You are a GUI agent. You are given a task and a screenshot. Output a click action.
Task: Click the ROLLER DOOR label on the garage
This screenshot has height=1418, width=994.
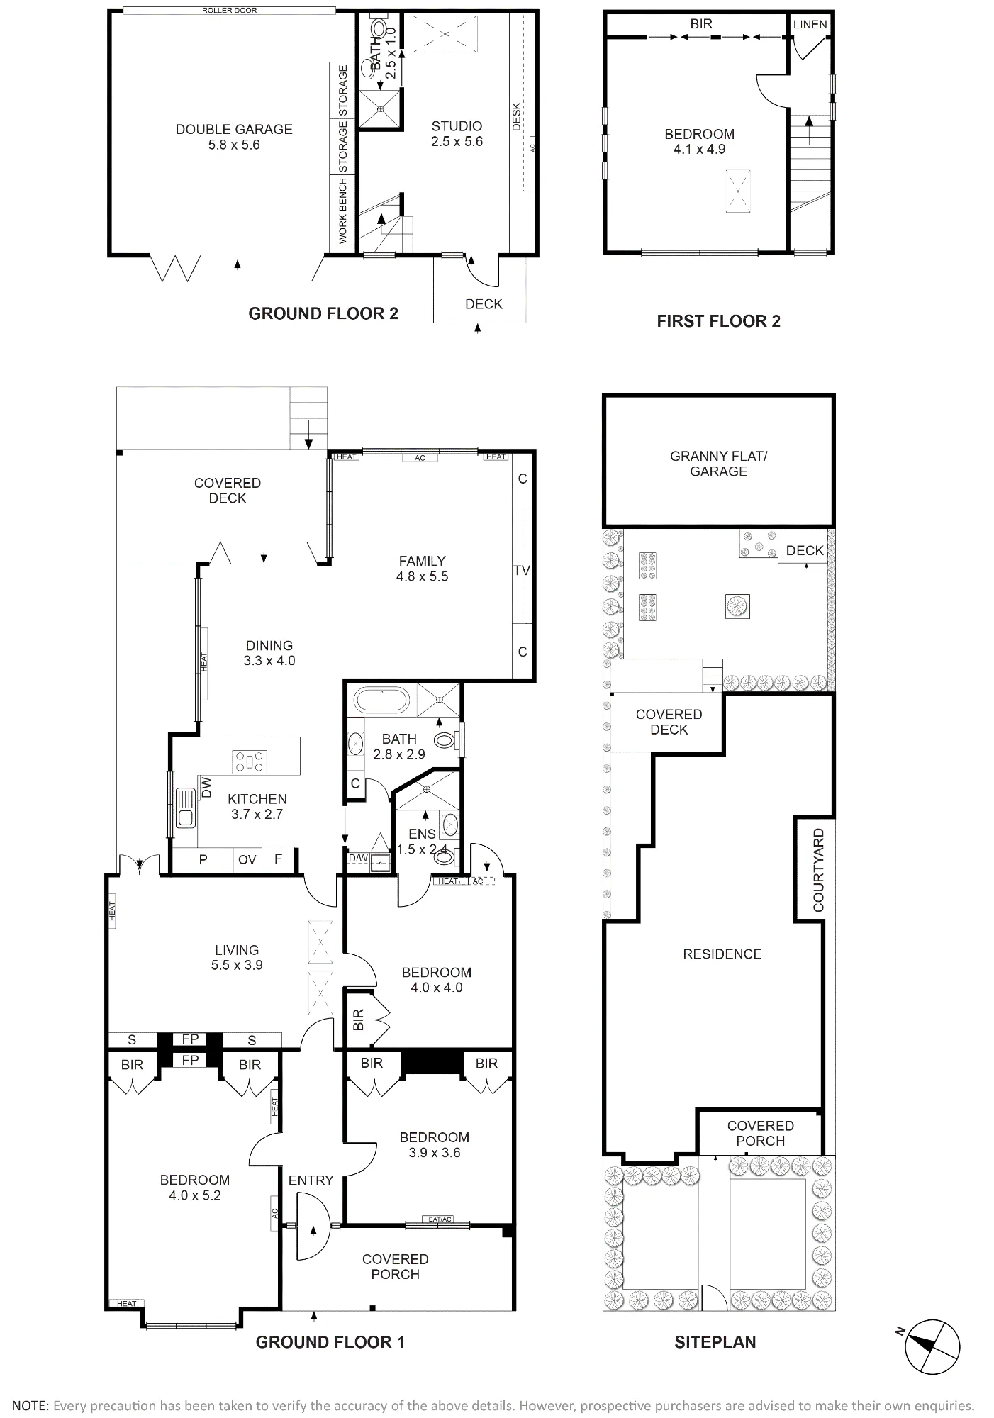[x=229, y=11]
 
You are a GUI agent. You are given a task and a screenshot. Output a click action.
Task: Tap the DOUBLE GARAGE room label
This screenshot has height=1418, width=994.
[x=234, y=129]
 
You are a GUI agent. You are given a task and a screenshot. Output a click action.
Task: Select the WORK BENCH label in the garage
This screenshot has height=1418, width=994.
[x=343, y=211]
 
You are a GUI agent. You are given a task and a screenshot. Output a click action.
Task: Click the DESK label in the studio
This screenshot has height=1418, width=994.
[x=516, y=117]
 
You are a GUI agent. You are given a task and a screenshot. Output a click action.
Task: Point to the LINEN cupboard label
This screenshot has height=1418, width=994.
[x=810, y=24]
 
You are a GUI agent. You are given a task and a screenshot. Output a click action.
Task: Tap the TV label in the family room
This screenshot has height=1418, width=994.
[x=522, y=570]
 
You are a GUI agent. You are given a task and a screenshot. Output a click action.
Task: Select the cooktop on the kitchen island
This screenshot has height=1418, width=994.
[x=250, y=762]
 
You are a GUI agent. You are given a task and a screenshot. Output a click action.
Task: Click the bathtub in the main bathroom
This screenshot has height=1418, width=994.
[x=381, y=700]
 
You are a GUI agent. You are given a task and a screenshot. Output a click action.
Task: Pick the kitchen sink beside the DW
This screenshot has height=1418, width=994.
[x=186, y=808]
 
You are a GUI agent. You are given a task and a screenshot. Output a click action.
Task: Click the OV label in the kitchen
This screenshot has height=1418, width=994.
[x=247, y=860]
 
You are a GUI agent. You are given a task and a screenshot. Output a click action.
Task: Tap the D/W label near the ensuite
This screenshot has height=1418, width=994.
[x=358, y=859]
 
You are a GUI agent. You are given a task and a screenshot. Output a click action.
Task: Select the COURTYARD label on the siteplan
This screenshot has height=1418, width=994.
[x=819, y=870]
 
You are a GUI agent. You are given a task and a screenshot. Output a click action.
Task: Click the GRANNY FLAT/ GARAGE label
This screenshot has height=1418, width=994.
[x=718, y=464]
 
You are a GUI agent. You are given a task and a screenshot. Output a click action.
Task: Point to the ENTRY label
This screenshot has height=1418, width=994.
[x=311, y=1180]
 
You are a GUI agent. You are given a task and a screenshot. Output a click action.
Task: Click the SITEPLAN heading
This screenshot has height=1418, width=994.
[x=715, y=1341]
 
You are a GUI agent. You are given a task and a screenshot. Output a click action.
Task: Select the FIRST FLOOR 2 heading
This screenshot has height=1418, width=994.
[x=718, y=321]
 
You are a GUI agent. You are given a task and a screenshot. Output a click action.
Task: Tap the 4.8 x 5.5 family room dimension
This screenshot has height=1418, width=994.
[x=422, y=576]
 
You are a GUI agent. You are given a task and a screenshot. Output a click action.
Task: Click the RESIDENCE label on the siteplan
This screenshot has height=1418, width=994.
[x=722, y=954]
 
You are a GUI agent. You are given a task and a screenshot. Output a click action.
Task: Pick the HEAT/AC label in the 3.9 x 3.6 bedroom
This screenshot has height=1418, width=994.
[x=437, y=1219]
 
